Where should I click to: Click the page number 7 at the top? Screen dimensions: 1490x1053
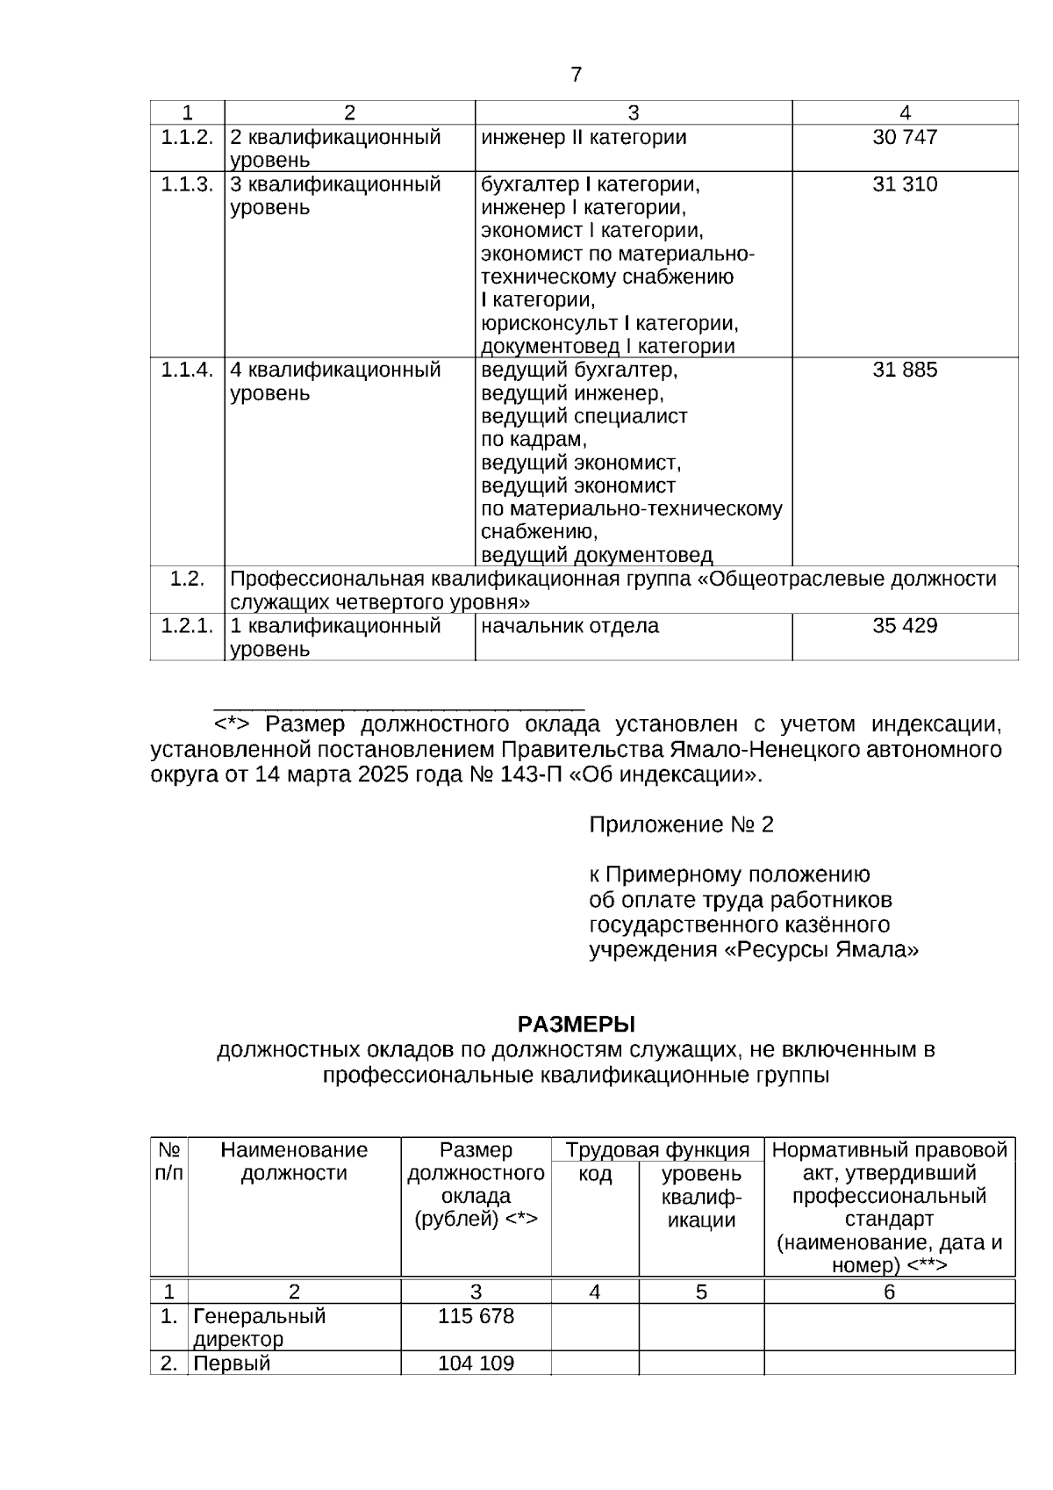pyautogui.click(x=576, y=75)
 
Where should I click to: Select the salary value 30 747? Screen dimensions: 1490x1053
pyautogui.click(x=905, y=138)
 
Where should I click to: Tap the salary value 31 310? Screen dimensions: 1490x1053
pyautogui.click(x=905, y=185)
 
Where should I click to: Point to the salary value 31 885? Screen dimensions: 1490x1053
pyautogui.click(x=905, y=371)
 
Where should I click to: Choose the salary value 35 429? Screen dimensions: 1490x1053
pyautogui.click(x=905, y=627)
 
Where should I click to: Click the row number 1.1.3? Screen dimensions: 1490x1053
pyautogui.click(x=187, y=185)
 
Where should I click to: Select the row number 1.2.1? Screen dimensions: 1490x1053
pyautogui.click(x=187, y=627)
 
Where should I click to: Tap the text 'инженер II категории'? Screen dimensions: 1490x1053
pyautogui.click(x=584, y=138)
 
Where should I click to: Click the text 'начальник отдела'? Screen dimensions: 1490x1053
pyautogui.click(x=569, y=627)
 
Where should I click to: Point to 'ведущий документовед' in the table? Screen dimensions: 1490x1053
pyautogui.click(x=597, y=556)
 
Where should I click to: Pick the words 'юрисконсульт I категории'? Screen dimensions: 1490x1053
pyautogui.click(x=609, y=324)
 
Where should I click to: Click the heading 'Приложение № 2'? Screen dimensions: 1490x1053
pyautogui.click(x=681, y=825)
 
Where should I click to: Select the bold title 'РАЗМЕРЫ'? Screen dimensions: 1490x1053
pyautogui.click(x=576, y=1025)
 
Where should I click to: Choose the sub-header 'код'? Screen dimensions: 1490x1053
pyautogui.click(x=595, y=1175)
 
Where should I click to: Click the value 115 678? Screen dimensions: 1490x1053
pyautogui.click(x=476, y=1317)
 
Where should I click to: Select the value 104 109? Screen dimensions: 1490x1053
pyautogui.click(x=476, y=1364)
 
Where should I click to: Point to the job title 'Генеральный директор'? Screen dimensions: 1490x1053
pyautogui.click(x=259, y=1328)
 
